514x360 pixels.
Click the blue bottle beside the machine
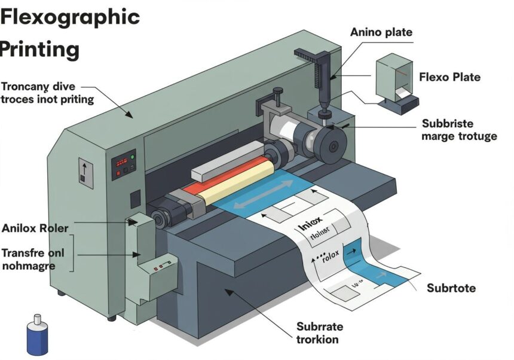tap(37, 336)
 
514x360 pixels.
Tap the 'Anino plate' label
tap(381, 32)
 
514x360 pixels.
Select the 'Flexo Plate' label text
tap(449, 77)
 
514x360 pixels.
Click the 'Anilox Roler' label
tap(35, 228)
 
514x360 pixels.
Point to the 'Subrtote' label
tap(451, 288)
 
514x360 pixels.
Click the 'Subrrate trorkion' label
tap(320, 333)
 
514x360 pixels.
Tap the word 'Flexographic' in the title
tap(70, 17)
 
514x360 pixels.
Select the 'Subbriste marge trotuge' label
tap(459, 130)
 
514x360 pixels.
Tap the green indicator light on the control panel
tap(132, 157)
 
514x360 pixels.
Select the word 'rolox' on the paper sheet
tap(329, 256)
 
